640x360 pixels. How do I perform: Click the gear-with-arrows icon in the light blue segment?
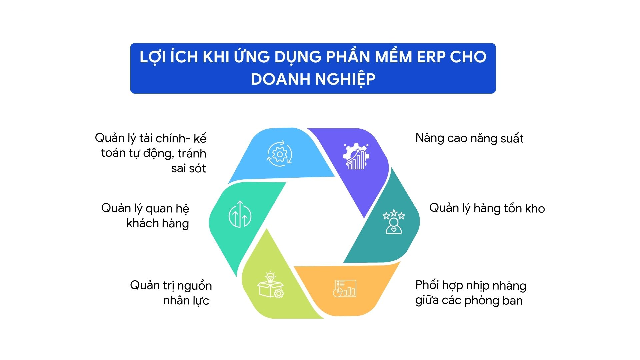tap(280, 154)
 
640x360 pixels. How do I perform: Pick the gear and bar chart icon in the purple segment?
tap(356, 156)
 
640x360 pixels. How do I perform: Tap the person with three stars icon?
tap(394, 222)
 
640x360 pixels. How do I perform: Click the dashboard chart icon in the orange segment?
tap(345, 288)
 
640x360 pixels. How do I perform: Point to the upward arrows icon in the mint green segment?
tap(240, 214)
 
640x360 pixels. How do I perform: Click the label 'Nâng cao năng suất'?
tap(469, 138)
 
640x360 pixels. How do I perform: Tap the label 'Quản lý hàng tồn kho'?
tap(487, 208)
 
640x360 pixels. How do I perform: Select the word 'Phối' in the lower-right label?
tap(427, 285)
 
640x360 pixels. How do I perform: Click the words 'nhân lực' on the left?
tap(186, 301)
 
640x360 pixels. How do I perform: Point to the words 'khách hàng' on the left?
tap(157, 223)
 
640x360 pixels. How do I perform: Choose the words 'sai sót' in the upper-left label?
tap(188, 169)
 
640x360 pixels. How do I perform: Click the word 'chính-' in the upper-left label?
tap(173, 138)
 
